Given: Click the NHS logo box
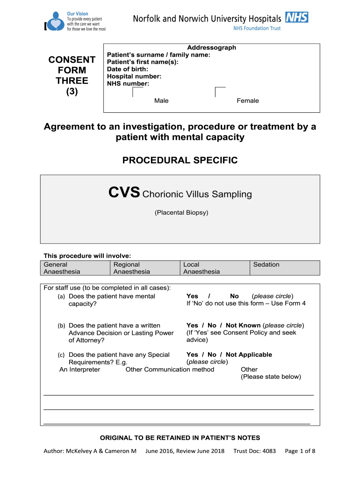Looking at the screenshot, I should click(x=296, y=18).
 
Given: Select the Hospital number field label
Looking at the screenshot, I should click(x=134, y=76).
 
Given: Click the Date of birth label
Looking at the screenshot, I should click(x=127, y=69).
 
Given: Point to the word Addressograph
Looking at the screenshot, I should click(x=211, y=48).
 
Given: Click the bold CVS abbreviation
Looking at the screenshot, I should click(x=124, y=193).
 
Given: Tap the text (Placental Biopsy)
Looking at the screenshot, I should click(x=181, y=213).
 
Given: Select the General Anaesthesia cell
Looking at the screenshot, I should click(x=74, y=268).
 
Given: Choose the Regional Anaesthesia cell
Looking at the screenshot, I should click(x=145, y=268).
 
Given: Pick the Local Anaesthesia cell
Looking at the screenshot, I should click(x=215, y=268).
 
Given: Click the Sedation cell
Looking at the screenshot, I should click(x=285, y=265).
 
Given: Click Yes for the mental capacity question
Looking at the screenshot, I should click(x=192, y=296).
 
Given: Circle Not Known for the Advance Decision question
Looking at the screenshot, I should click(x=243, y=325).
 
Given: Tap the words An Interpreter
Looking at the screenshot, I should click(x=80, y=370).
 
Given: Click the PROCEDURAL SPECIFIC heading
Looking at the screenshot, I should click(x=180, y=160).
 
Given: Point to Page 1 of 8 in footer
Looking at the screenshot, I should click(x=300, y=451).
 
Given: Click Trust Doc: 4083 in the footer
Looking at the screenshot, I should click(x=254, y=451).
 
